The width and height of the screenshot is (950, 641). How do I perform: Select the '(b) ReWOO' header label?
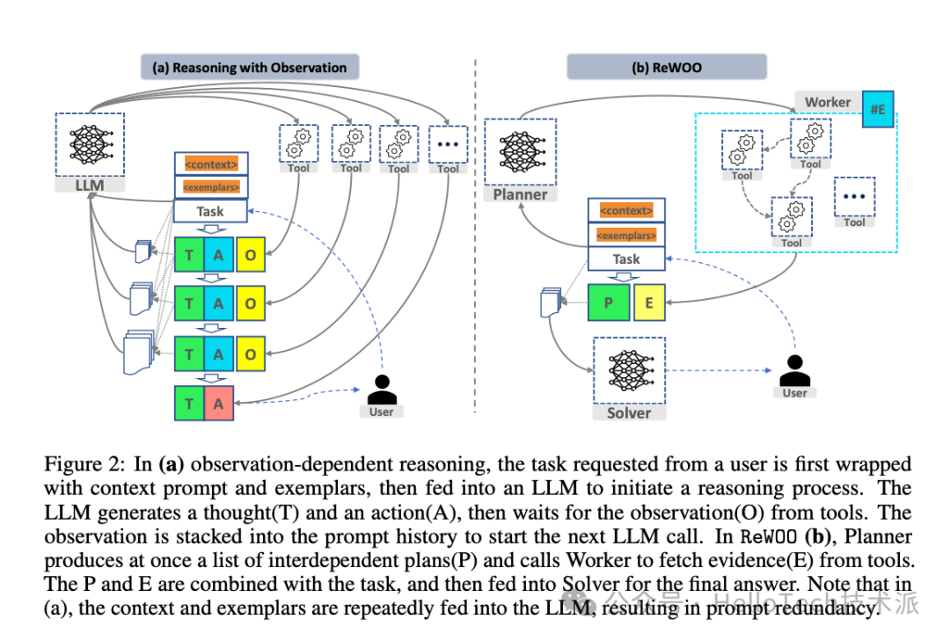point(666,67)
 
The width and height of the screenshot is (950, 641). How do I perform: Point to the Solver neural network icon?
point(629,369)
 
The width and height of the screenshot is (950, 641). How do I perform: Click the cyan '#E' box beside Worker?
point(878,110)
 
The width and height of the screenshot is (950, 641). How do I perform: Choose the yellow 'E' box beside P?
point(648,302)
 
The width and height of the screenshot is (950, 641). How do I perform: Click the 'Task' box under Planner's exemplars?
point(626,259)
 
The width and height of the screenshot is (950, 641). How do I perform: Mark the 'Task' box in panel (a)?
point(210,211)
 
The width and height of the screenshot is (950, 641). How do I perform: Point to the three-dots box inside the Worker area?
point(854,199)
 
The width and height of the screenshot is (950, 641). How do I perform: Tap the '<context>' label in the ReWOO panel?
point(626,211)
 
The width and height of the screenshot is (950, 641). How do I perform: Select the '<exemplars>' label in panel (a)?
point(210,187)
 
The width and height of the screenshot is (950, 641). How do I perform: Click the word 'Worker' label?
point(828,102)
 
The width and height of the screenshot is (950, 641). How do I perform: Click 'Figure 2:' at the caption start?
point(84,463)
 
